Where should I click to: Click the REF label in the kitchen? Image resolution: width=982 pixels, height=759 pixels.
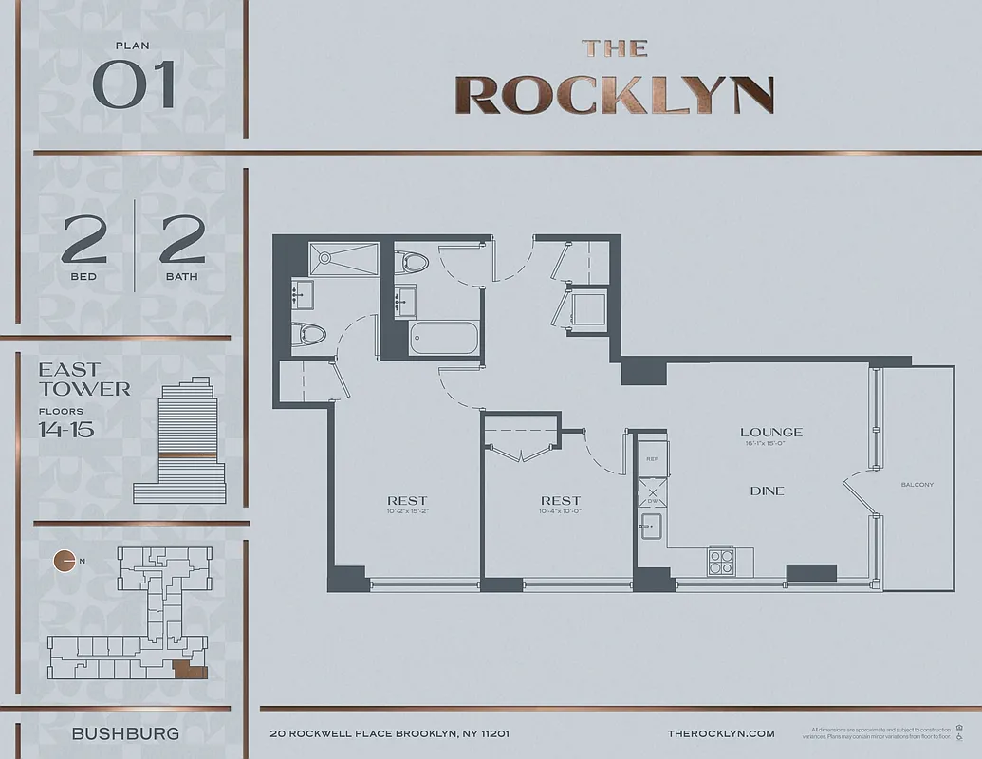pyautogui.click(x=652, y=458)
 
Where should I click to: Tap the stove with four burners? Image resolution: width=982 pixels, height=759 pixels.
pyautogui.click(x=721, y=562)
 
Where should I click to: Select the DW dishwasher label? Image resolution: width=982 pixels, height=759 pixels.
pyautogui.click(x=651, y=503)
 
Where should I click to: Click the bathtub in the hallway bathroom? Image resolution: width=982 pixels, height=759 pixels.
pyautogui.click(x=443, y=339)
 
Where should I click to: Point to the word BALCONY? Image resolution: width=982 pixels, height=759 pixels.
pyautogui.click(x=917, y=485)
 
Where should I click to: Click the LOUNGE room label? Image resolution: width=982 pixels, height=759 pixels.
pyautogui.click(x=770, y=433)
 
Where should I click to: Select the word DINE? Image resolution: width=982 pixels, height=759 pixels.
pyautogui.click(x=767, y=491)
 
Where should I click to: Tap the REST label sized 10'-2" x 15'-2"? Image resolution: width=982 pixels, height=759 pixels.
pyautogui.click(x=406, y=501)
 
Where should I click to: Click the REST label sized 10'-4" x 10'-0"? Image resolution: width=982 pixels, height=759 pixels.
pyautogui.click(x=560, y=501)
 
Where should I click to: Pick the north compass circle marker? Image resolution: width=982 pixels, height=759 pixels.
pyautogui.click(x=65, y=561)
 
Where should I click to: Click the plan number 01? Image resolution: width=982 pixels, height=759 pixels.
pyautogui.click(x=134, y=86)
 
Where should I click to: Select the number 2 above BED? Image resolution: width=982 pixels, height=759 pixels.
pyautogui.click(x=83, y=241)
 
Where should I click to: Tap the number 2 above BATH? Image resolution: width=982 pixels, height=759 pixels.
pyautogui.click(x=182, y=241)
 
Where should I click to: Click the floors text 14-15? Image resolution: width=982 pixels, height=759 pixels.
pyautogui.click(x=65, y=429)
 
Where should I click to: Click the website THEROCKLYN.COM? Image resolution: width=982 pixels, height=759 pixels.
pyautogui.click(x=721, y=733)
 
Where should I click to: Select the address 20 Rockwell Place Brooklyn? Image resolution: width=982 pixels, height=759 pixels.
pyautogui.click(x=390, y=733)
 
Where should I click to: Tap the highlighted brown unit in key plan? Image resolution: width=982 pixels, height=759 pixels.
pyautogui.click(x=190, y=671)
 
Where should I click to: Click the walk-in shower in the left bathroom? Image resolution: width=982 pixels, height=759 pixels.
pyautogui.click(x=343, y=259)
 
